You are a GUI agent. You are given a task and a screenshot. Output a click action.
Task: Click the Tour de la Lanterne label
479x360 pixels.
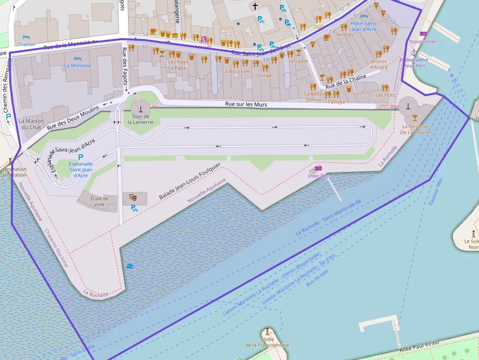click(141, 119)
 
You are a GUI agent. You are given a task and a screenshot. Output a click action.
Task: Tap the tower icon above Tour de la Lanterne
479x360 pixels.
click(141, 108)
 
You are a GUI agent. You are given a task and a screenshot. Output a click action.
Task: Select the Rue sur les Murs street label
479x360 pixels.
click(246, 104)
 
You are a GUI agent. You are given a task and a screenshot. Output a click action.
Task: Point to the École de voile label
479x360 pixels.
click(99, 201)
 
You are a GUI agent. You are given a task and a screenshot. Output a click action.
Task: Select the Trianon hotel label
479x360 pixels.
click(26, 44)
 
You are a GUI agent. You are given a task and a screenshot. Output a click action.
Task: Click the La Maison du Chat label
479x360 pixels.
click(31, 124)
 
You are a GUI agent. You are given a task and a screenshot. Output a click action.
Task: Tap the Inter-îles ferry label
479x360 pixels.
click(318, 176)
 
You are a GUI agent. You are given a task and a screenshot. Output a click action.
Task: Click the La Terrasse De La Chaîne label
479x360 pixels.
click(415, 129)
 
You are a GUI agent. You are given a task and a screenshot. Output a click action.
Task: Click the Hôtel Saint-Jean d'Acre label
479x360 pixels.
click(364, 26)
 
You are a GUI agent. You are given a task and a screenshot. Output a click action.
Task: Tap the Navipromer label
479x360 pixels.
click(423, 42)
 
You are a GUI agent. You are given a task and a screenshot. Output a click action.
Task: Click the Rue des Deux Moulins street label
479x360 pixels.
click(73, 117)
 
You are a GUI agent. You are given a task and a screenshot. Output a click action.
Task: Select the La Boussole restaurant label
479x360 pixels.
click(236, 71)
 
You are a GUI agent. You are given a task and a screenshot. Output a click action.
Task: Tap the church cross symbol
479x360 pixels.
click(254, 6)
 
